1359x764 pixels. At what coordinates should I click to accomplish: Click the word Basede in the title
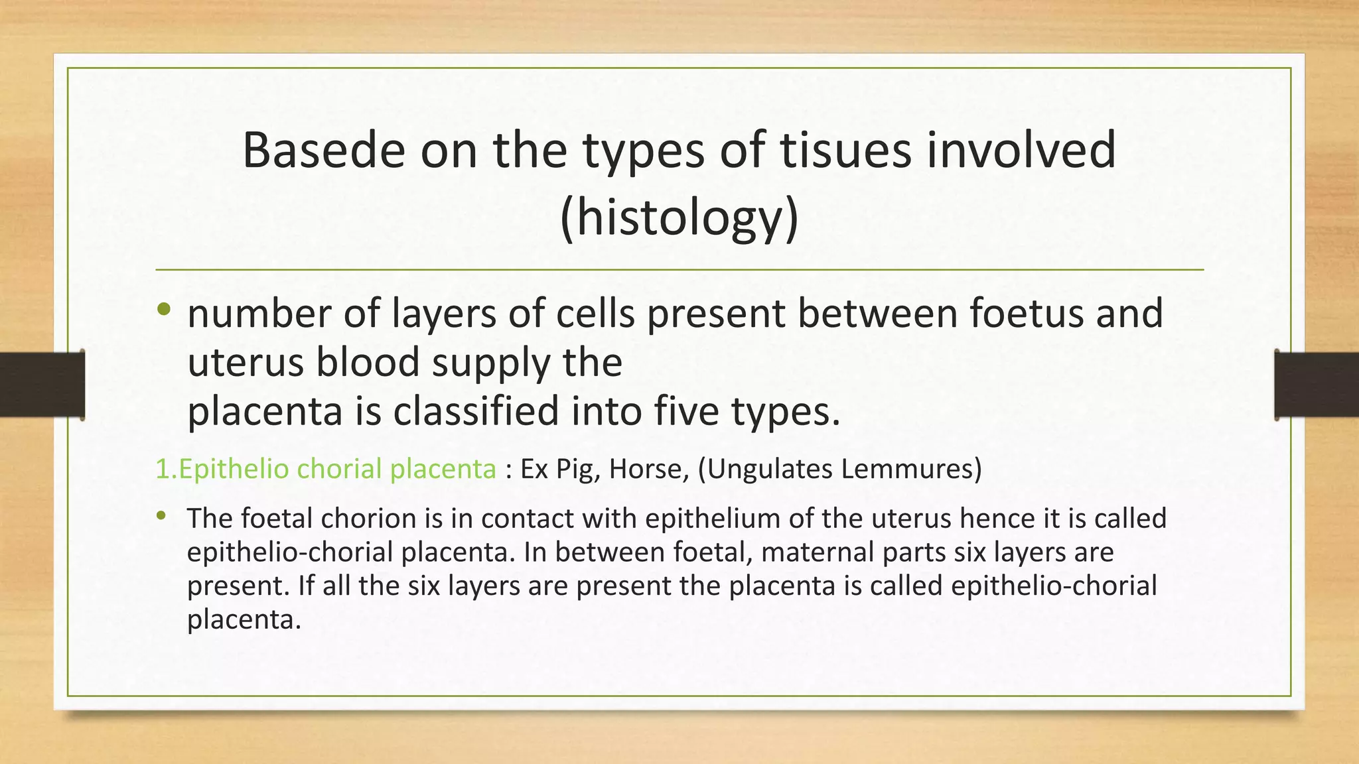click(x=323, y=150)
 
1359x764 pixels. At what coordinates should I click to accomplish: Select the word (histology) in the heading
click(x=679, y=218)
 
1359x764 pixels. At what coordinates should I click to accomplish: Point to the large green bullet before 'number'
click(x=164, y=309)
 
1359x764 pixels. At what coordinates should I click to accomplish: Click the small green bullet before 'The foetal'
click(x=161, y=515)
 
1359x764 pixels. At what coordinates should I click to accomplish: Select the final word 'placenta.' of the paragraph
click(x=244, y=619)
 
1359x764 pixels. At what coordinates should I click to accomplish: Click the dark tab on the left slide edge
click(x=42, y=385)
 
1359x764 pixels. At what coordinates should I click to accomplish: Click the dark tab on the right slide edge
click(x=1317, y=385)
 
